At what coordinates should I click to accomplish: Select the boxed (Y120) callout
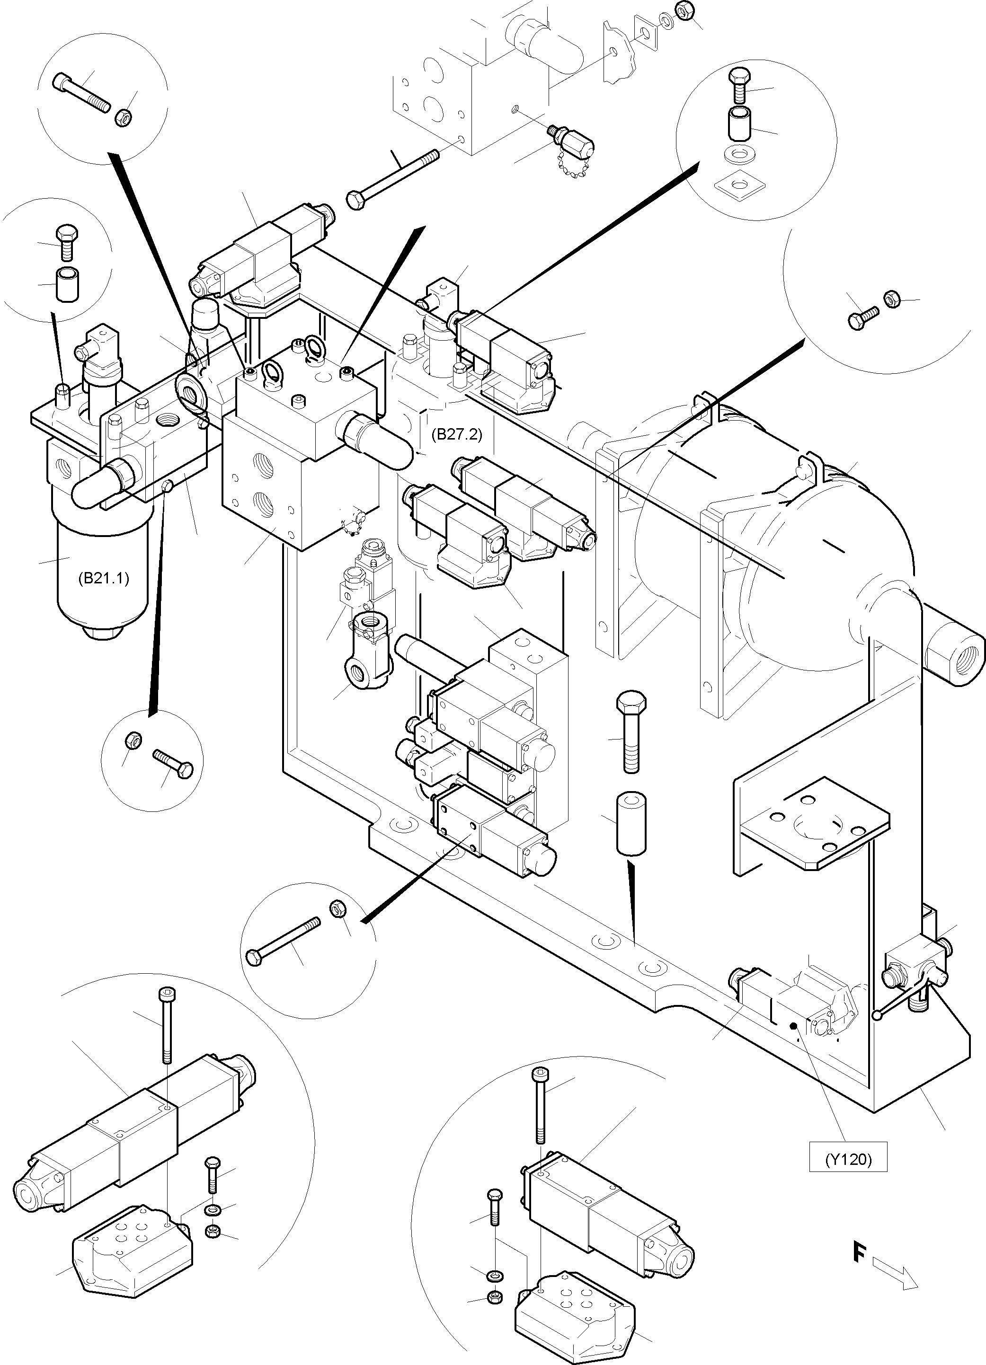point(848,1159)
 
